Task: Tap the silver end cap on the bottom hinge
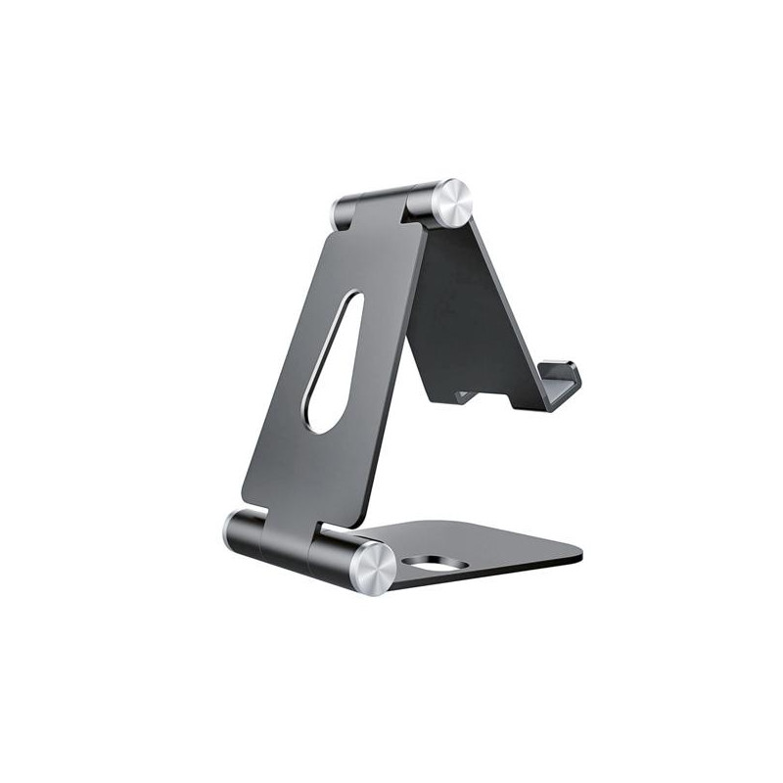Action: point(372,568)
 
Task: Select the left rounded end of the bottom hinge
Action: point(235,531)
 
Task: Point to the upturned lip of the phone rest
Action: point(565,378)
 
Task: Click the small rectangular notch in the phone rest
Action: point(466,396)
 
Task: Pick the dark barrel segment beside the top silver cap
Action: point(416,202)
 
